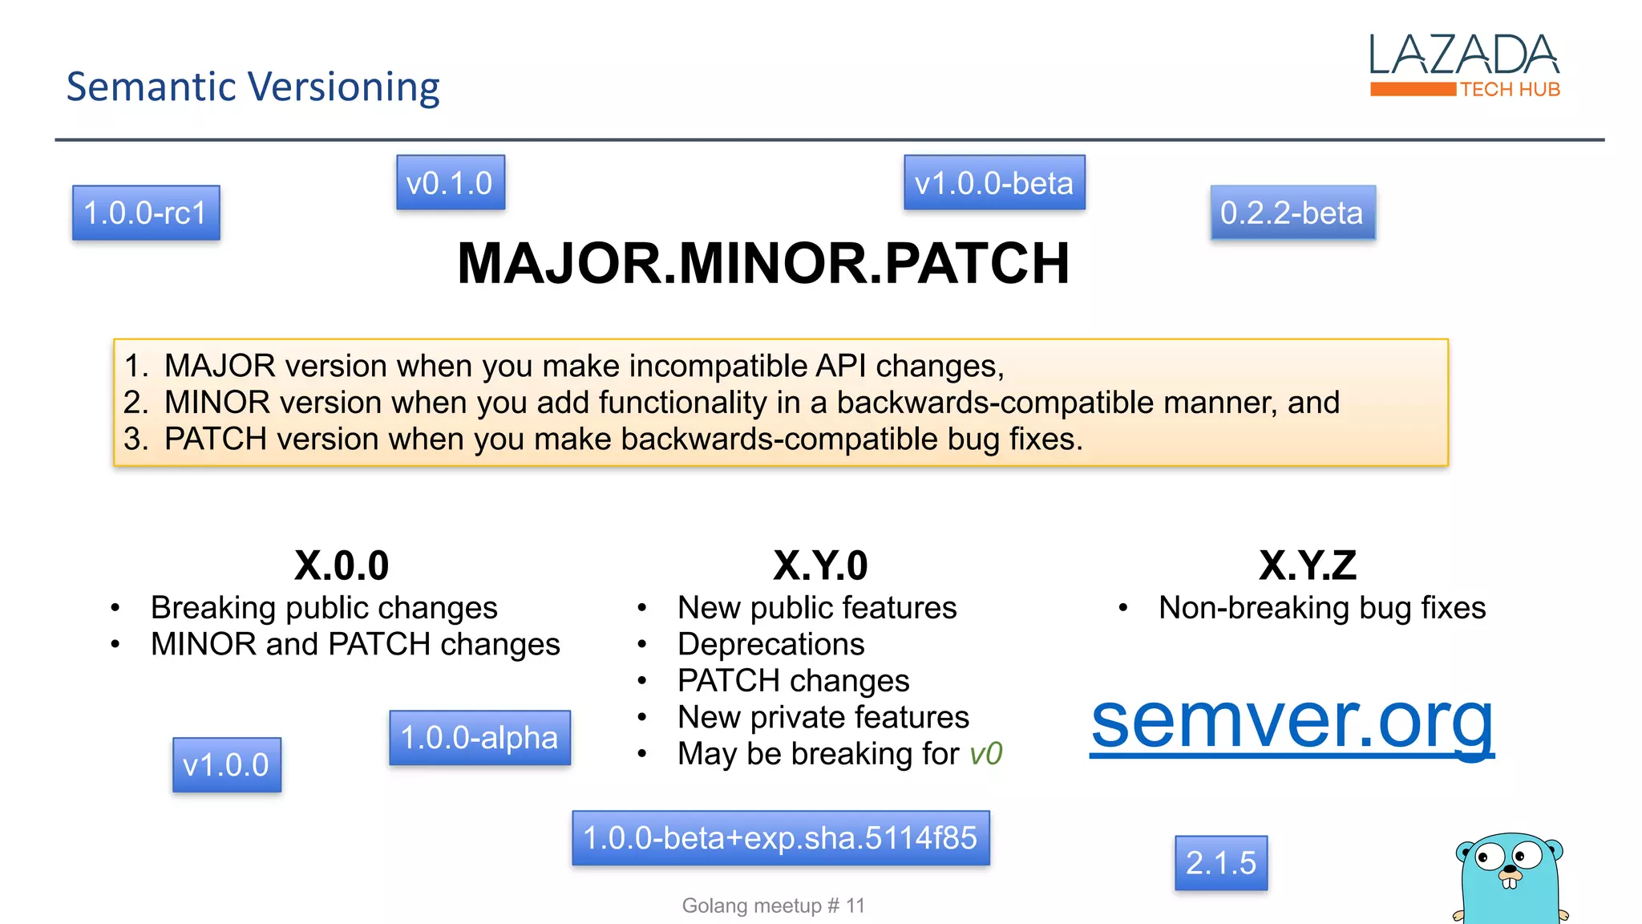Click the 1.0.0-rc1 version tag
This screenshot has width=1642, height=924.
pos(146,213)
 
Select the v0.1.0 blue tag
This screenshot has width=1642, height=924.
pos(451,183)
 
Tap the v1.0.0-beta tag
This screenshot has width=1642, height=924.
pos(994,183)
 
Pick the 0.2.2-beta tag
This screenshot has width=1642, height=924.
pos(1292,213)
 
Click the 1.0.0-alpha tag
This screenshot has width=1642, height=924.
pos(479,738)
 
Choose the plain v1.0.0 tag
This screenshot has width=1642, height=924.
pos(227,765)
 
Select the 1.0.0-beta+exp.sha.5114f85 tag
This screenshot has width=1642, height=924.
pos(780,838)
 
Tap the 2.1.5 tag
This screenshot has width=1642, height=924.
pos(1221,863)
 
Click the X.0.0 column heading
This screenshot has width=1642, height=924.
pos(342,565)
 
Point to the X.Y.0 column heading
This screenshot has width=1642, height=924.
pos(820,565)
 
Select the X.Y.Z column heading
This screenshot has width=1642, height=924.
pos(1308,565)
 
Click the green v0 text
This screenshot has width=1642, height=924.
pos(986,754)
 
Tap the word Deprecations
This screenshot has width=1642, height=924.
pos(770,645)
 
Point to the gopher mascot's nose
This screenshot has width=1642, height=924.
pos(1511,868)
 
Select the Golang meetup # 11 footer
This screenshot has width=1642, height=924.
pos(773,906)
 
